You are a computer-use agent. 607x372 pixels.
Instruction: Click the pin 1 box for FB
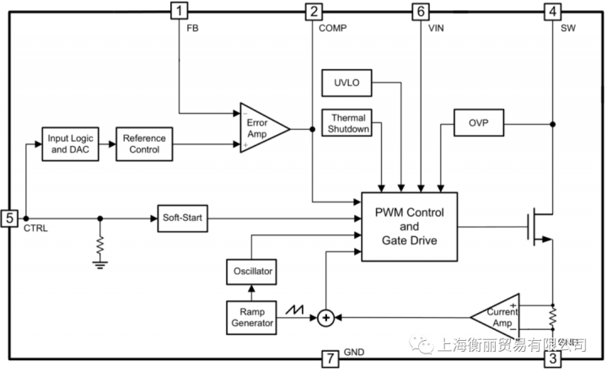[180, 12]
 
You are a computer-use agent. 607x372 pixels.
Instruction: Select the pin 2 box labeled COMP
[314, 12]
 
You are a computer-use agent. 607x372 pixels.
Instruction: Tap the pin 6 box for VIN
[420, 12]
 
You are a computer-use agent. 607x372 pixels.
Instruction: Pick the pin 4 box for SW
[551, 12]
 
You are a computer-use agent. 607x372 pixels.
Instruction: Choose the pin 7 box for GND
[333, 360]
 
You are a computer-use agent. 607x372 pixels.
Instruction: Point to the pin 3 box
[552, 360]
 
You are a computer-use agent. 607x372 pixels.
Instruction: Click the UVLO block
[346, 83]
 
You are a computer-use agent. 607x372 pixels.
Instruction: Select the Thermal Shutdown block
[347, 124]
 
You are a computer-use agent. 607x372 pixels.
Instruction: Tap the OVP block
[478, 123]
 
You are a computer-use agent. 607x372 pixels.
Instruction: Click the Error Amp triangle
[261, 128]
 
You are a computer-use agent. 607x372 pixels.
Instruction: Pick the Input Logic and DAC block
[70, 144]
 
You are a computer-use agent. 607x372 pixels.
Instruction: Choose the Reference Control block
[144, 144]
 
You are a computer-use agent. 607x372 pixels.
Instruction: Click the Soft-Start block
[183, 218]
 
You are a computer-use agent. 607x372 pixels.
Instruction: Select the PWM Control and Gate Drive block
[409, 226]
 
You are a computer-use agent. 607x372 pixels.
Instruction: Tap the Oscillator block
[253, 271]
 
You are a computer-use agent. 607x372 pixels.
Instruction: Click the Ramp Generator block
[252, 316]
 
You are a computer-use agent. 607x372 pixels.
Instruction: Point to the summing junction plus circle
[325, 317]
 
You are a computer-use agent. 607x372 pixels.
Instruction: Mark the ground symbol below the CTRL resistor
[101, 265]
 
